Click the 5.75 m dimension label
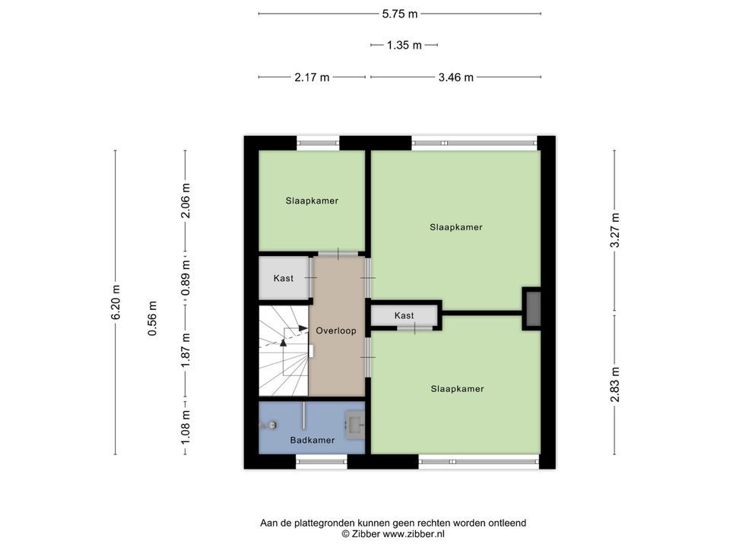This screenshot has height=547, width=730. click(x=400, y=14)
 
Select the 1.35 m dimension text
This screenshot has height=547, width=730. click(x=404, y=45)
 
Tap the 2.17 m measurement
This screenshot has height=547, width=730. click(x=312, y=77)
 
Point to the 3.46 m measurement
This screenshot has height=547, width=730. click(x=455, y=77)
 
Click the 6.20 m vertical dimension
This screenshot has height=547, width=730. click(x=116, y=302)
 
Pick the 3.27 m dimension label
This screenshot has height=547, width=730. click(x=614, y=230)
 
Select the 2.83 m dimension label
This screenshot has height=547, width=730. click(x=614, y=384)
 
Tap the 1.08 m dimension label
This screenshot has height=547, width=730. click(x=186, y=426)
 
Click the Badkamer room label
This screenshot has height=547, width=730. click(x=313, y=440)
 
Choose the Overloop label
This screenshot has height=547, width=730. click(x=336, y=330)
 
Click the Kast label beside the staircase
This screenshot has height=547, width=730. click(x=284, y=278)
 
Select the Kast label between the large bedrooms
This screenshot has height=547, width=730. click(x=404, y=315)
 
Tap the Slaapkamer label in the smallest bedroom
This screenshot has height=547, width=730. click(x=312, y=201)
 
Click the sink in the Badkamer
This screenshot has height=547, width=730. click(x=355, y=425)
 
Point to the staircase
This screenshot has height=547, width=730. click(x=284, y=351)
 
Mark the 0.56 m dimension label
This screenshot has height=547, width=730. click(x=152, y=318)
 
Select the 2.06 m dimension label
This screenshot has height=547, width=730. click(x=186, y=201)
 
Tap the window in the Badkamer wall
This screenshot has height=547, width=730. click(x=322, y=461)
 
